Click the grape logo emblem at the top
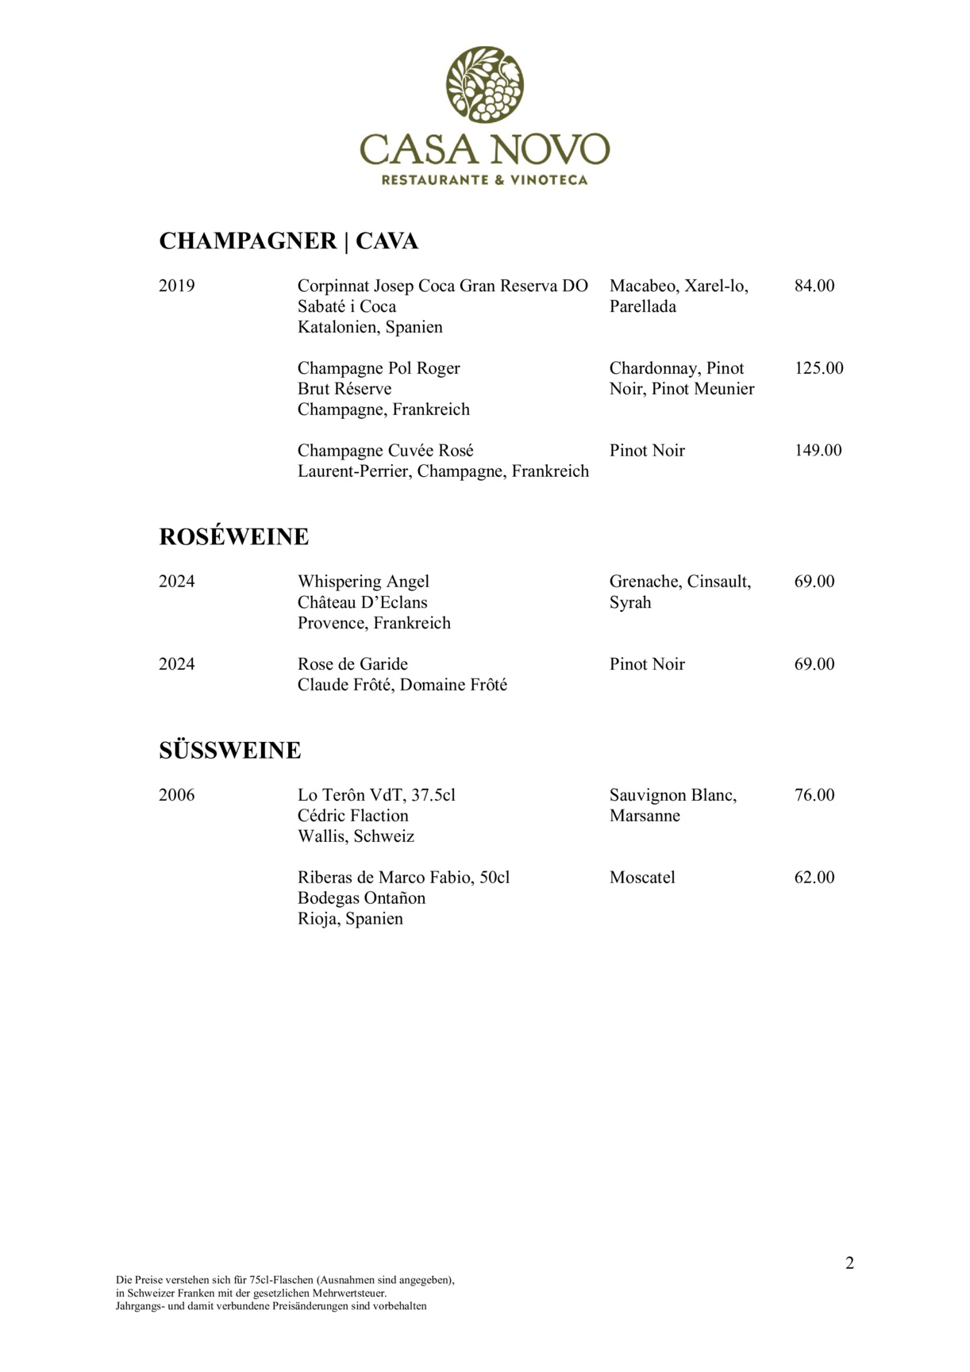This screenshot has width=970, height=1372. point(484,84)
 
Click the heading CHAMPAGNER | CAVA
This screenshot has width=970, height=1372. point(288,241)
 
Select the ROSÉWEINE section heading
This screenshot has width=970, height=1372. point(233,537)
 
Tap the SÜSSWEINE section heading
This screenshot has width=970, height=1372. point(229,751)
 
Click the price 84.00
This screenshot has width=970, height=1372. point(814,286)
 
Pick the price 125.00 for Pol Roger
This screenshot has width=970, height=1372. point(818,368)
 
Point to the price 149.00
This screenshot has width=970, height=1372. point(818,451)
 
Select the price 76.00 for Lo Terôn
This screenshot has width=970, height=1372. point(814,795)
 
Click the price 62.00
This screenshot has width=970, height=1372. point(814,878)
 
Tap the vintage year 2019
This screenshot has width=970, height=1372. point(176,286)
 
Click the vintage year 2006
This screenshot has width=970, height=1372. point(176,795)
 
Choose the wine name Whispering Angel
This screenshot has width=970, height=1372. point(363,582)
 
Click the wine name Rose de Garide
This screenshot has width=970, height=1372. point(352,664)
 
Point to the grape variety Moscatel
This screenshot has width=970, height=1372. point(642,878)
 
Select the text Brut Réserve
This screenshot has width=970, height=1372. point(344,389)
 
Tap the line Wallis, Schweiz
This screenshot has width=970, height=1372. point(356,836)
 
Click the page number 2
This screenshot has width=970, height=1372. point(849,1263)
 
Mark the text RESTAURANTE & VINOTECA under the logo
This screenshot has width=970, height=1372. point(484,180)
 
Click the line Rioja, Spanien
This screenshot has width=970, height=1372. point(350,919)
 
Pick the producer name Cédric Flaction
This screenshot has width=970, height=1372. point(352,816)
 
